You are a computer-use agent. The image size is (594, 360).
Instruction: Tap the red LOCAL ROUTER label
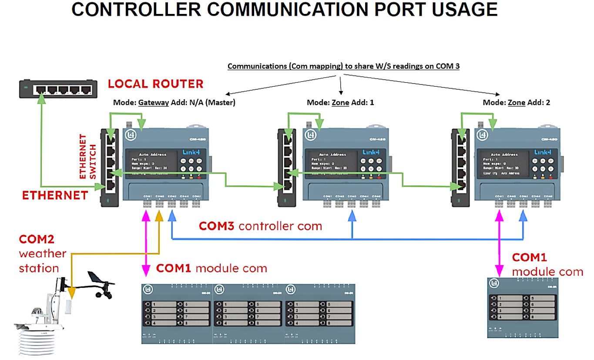[155, 84]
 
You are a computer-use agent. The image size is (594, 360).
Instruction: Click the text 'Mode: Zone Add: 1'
[340, 103]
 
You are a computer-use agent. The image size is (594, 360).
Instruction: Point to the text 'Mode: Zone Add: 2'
[517, 103]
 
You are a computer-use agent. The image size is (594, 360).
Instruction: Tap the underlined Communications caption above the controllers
[343, 67]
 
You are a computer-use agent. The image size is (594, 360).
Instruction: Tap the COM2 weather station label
[42, 253]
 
